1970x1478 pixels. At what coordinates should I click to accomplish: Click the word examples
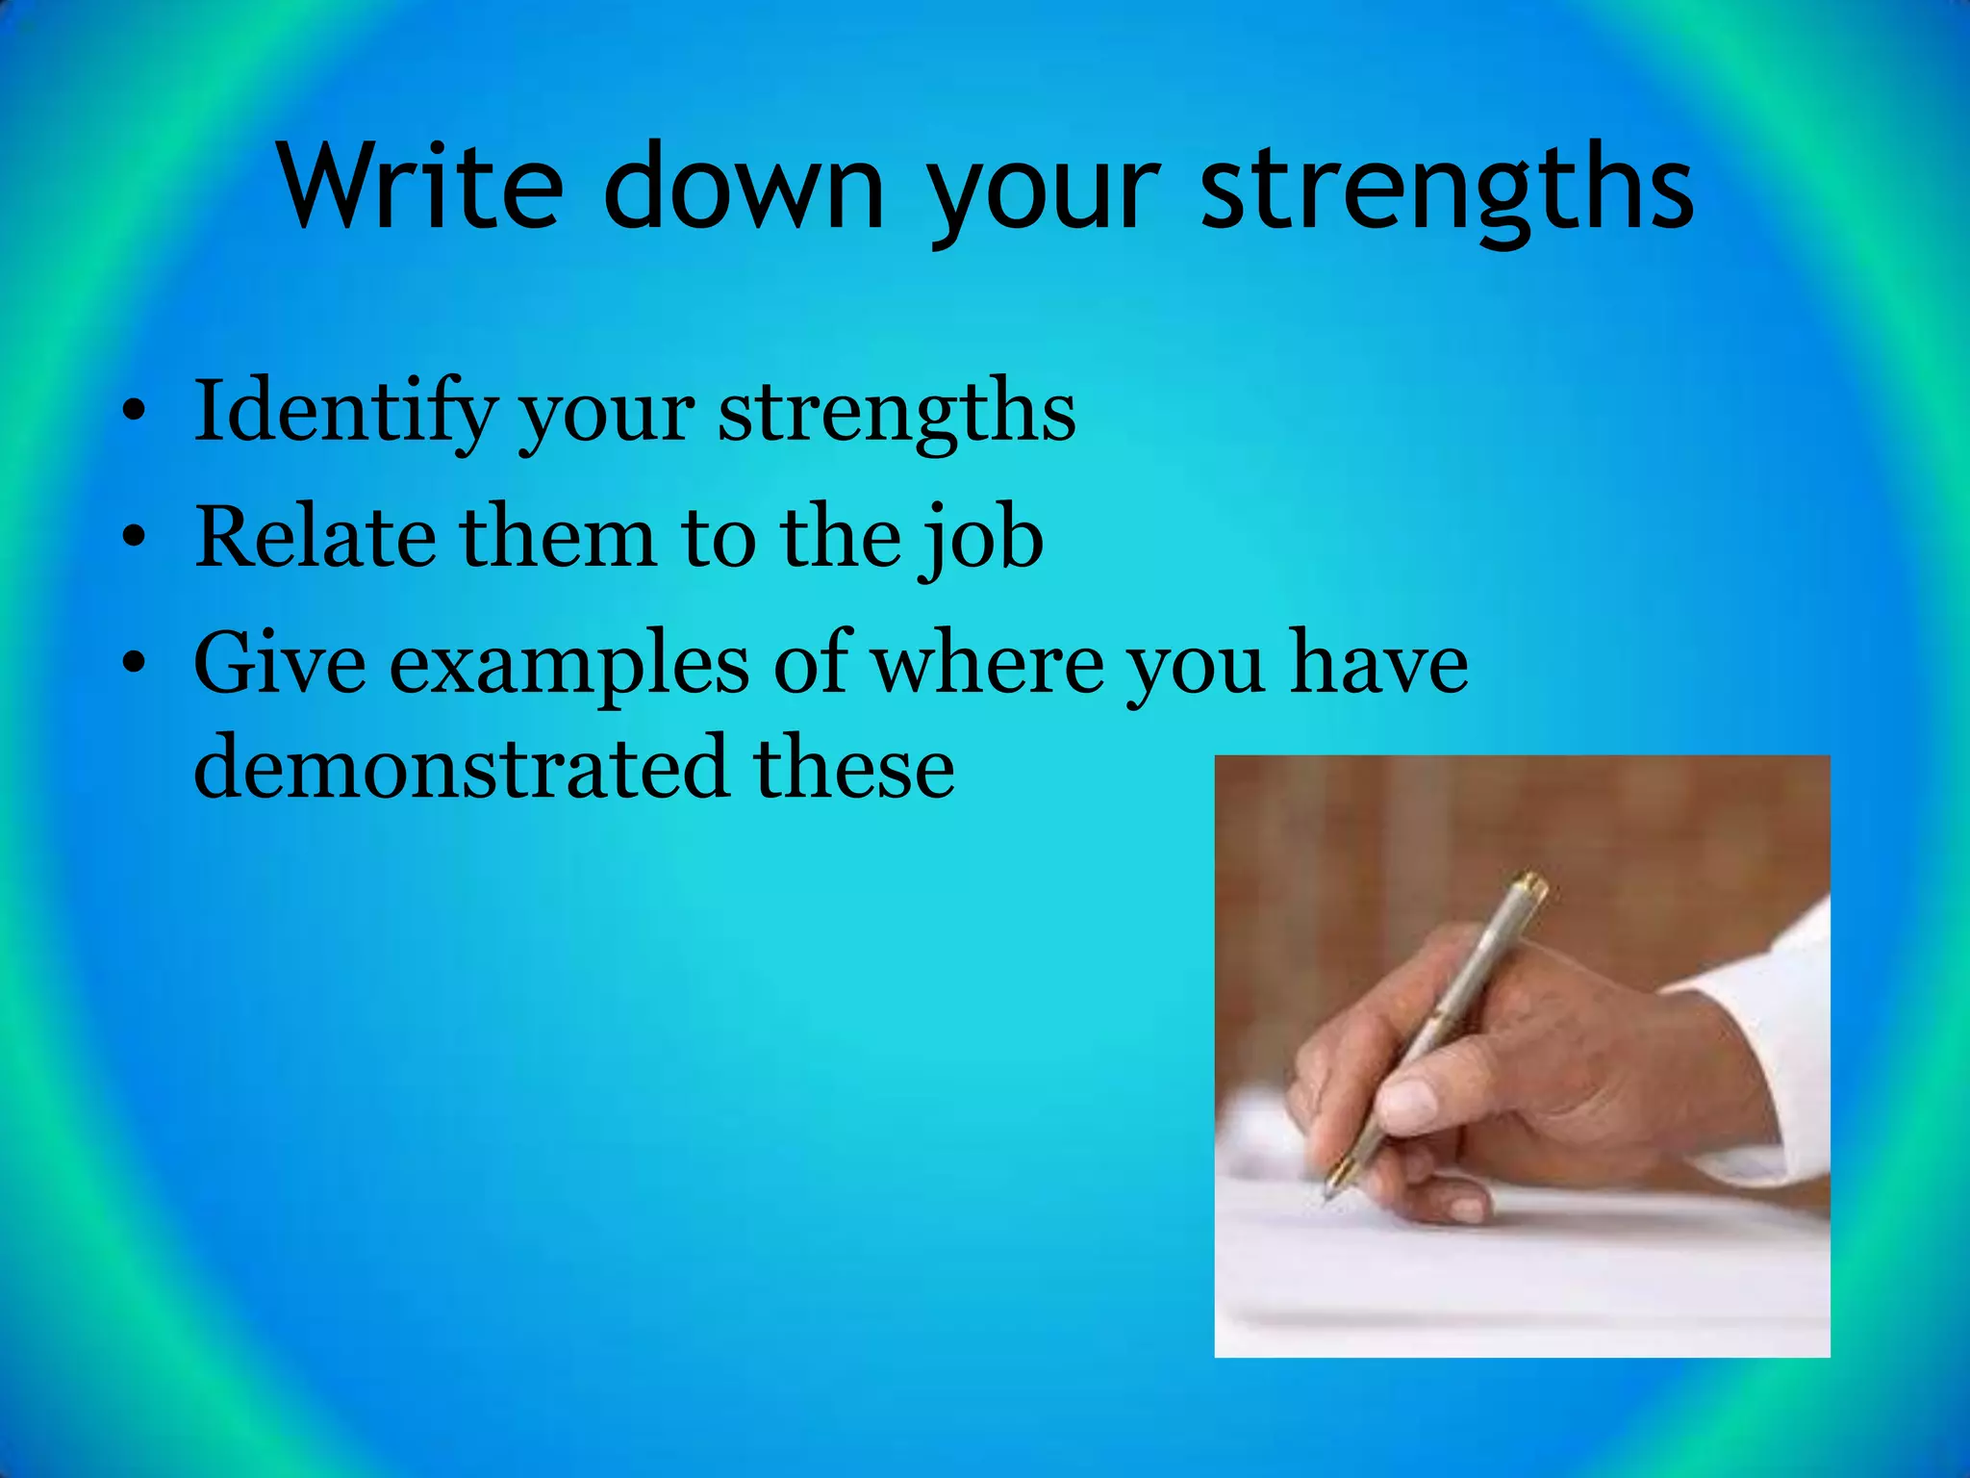click(x=568, y=666)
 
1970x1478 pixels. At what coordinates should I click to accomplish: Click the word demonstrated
click(x=460, y=768)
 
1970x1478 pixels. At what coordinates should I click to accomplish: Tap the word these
click(x=854, y=768)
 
